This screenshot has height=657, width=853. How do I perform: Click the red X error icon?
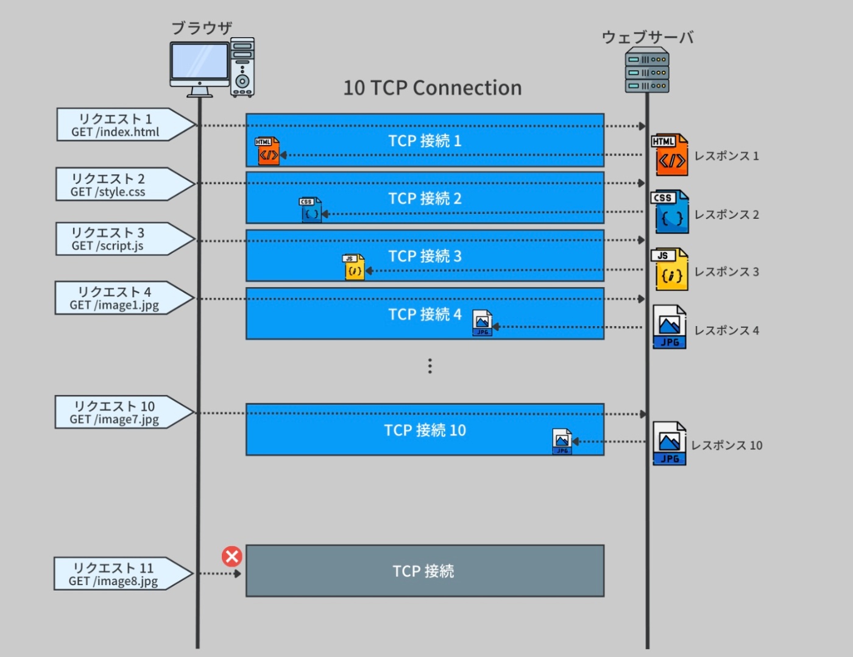click(232, 556)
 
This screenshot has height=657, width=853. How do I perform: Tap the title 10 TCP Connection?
click(433, 88)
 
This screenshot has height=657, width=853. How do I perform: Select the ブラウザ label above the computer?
click(202, 28)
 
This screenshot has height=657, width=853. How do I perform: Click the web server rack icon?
click(647, 71)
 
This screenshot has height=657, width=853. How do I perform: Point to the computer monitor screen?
click(199, 61)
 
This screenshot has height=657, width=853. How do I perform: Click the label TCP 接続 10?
click(425, 430)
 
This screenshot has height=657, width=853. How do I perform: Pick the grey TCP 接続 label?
click(423, 571)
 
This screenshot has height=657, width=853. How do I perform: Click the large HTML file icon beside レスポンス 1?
click(670, 155)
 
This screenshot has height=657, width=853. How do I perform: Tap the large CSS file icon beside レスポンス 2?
click(670, 212)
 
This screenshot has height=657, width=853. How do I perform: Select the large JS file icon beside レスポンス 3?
click(670, 269)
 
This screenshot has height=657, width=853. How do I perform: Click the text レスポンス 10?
click(726, 446)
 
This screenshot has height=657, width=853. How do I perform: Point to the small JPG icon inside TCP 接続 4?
click(482, 323)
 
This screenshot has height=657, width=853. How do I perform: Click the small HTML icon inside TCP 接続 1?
click(267, 151)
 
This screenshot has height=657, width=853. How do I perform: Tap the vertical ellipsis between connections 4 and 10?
click(430, 366)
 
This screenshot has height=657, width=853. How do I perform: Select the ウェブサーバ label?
click(647, 37)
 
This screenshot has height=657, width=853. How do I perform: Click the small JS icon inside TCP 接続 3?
click(353, 267)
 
